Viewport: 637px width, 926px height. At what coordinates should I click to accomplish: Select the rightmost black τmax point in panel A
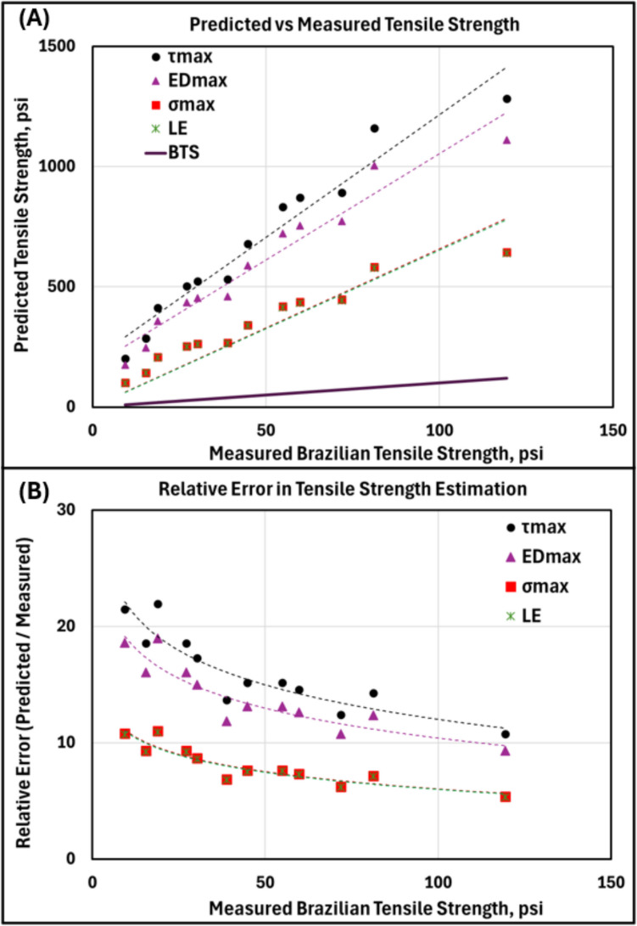(x=506, y=99)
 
